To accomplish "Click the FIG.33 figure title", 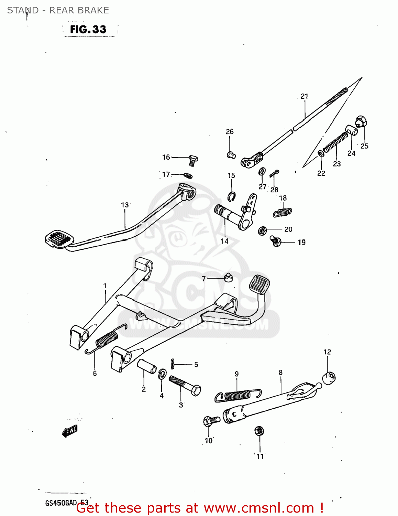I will click(88, 30).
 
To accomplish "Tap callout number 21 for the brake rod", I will click(305, 96).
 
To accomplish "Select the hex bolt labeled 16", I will click(193, 160).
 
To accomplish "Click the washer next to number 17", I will click(188, 175).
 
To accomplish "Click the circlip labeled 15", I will click(232, 197).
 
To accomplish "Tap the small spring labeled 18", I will click(283, 213).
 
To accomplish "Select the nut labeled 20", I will click(262, 230).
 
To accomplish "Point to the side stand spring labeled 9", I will click(237, 395).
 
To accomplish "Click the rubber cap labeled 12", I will click(329, 378).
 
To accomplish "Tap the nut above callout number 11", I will click(259, 431).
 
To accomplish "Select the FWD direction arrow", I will click(70, 431).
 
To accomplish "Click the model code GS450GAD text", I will click(61, 503).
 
